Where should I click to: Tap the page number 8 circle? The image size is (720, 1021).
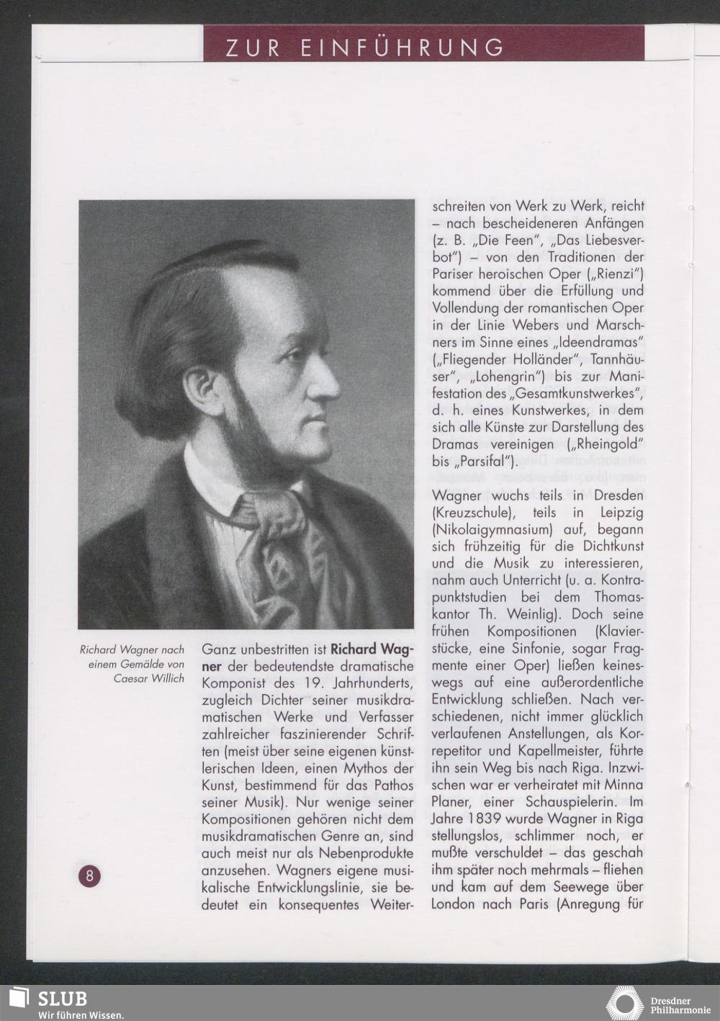click(90, 876)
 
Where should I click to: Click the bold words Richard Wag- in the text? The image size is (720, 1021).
click(372, 647)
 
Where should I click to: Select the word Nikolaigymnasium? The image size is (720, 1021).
click(486, 530)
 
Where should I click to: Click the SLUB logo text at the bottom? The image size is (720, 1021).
click(62, 998)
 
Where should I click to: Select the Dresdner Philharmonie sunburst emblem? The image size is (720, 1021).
click(624, 1003)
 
